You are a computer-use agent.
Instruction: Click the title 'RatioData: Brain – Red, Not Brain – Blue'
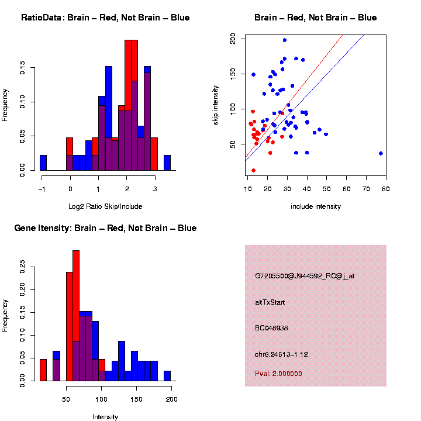[105, 18]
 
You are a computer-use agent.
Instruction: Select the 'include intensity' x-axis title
[315, 206]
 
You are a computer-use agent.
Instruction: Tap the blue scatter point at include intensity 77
[381, 153]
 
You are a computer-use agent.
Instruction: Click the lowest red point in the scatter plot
[253, 170]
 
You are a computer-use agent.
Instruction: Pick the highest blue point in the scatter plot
[285, 40]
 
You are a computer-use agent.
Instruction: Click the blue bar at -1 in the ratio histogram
[43, 163]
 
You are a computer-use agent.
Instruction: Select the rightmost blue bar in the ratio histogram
[167, 163]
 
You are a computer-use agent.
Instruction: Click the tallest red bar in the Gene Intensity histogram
[76, 316]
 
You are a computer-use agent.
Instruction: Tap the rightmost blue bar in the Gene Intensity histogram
[167, 376]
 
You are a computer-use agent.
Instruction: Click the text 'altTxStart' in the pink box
[270, 302]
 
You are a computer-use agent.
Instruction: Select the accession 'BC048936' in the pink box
[271, 328]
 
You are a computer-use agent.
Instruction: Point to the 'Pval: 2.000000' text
[278, 374]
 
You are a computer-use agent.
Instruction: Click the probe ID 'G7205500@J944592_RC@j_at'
[305, 275]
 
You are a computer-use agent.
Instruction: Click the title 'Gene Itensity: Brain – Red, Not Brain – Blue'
[105, 228]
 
